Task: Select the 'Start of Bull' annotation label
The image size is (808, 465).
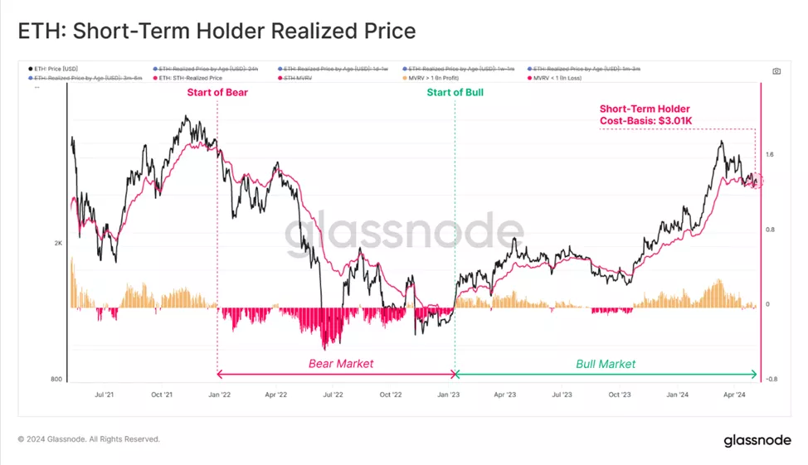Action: click(x=455, y=92)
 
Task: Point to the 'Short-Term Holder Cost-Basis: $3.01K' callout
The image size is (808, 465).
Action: click(x=645, y=115)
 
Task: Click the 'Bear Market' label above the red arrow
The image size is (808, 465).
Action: click(x=341, y=363)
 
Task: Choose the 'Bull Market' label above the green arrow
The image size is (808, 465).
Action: click(x=606, y=363)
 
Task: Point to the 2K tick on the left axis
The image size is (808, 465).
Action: click(x=59, y=243)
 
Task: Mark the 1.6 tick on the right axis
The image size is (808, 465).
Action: click(x=771, y=154)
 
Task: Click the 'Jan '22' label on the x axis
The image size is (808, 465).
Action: click(x=219, y=395)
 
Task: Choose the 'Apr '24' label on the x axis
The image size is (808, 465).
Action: click(x=735, y=395)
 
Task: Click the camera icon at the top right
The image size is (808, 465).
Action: click(x=776, y=71)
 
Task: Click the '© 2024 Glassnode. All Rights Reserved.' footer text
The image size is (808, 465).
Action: click(x=89, y=439)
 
